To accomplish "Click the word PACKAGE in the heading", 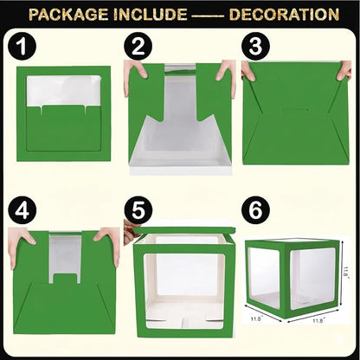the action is (x=68, y=15).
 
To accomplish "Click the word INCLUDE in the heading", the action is (x=150, y=15).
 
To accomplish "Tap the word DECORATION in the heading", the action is (x=284, y=15).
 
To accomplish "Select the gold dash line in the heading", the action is (x=208, y=16).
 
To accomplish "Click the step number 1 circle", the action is (x=22, y=47).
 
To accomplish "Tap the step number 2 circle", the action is (x=138, y=47).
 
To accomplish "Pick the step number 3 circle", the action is (x=255, y=47).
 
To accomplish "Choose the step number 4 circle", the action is (x=22, y=210).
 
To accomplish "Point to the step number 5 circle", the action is (x=138, y=210).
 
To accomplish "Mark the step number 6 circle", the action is (x=255, y=210).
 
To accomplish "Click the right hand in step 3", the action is (x=344, y=71).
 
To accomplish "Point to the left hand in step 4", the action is (x=20, y=245).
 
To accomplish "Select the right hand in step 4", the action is (x=108, y=244).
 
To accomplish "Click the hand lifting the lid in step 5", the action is (x=132, y=232).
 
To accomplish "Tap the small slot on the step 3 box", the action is (x=296, y=109).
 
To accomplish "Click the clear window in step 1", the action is (x=63, y=90).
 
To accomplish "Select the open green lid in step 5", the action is (x=184, y=231).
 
